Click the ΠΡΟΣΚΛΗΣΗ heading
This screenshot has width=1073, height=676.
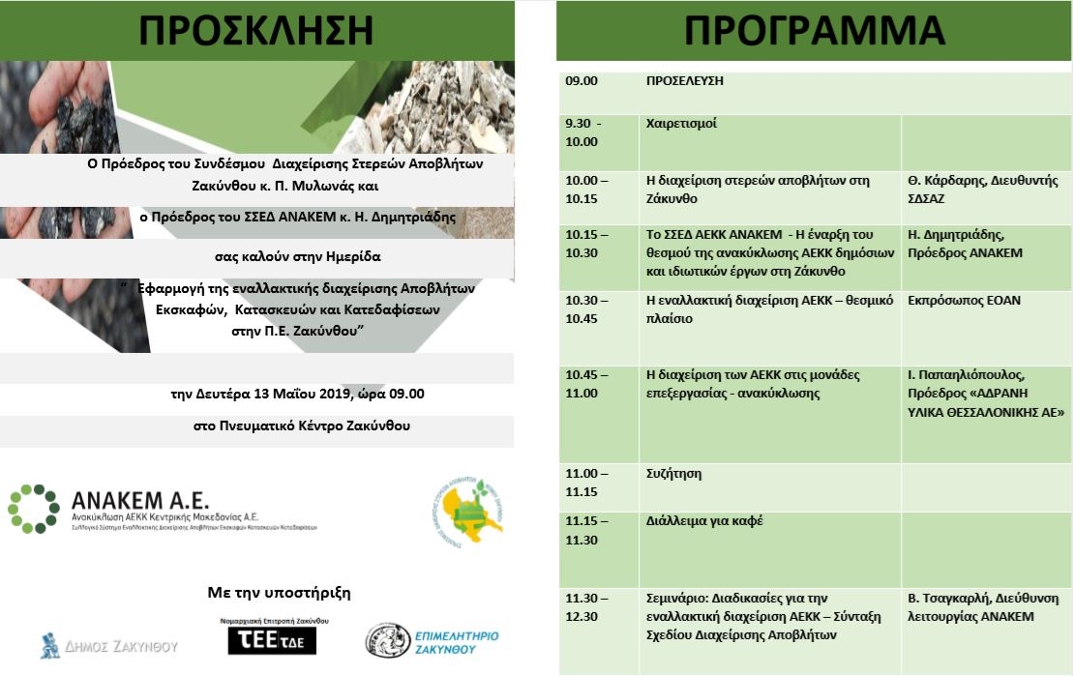pos(256,30)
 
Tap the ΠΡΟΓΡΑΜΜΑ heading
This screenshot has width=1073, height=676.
pos(815,30)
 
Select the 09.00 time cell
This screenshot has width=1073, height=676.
pos(582,81)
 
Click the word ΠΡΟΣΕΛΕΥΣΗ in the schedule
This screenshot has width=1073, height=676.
pos(684,81)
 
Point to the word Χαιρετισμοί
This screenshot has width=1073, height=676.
pos(681,124)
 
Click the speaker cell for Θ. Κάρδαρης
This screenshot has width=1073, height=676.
pos(985,190)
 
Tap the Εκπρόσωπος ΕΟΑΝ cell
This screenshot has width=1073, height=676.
pos(964,301)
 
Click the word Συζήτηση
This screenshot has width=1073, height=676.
pos(673,474)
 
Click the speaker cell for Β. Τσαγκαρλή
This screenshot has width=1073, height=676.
pos(985,607)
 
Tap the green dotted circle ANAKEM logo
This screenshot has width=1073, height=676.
pos(34,509)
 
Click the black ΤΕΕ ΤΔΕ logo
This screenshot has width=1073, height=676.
pos(272,640)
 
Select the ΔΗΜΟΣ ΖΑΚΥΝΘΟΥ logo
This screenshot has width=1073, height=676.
pos(109,645)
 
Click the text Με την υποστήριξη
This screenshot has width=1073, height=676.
pos(280,592)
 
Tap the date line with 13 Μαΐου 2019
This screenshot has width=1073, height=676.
pos(297,395)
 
